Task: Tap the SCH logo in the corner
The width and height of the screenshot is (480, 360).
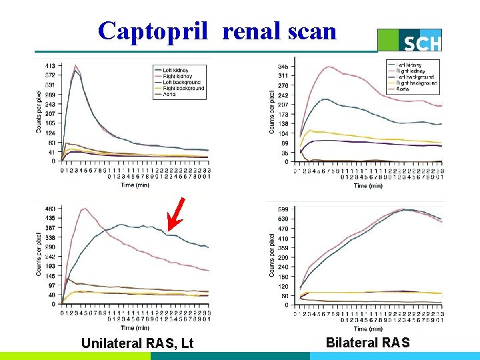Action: tap(420, 41)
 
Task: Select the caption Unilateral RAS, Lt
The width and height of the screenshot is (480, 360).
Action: tap(137, 343)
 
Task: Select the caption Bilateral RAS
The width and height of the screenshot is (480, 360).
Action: tap(368, 343)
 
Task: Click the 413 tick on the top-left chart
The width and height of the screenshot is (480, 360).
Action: tap(50, 66)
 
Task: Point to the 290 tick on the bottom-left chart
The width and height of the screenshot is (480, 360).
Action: tap(50, 247)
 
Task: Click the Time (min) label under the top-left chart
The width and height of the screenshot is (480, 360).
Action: tap(136, 185)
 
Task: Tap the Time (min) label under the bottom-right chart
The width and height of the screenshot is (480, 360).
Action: tap(369, 329)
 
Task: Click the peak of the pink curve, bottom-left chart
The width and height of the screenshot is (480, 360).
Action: tap(84, 209)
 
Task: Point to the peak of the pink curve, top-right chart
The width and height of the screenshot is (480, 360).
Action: tap(328, 67)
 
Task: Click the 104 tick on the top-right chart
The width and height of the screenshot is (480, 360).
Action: tap(283, 134)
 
